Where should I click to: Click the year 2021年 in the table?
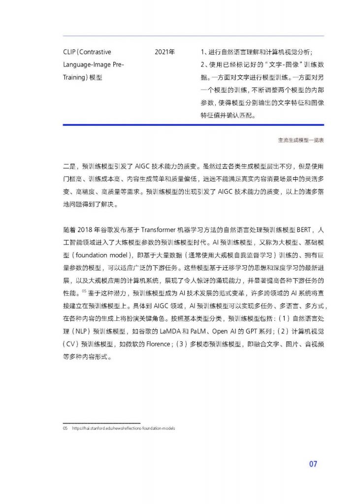[164, 52]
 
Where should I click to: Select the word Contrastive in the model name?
[96, 52]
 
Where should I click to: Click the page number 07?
[313, 464]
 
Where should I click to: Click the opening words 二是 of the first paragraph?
[70, 166]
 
